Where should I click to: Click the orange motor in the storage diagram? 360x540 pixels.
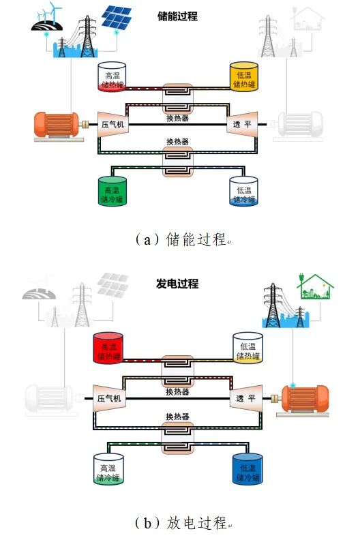57,123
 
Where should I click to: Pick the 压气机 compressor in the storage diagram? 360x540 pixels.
113,124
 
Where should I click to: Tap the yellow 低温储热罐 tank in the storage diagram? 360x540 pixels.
244,77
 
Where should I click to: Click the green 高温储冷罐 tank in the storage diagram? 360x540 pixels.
113,192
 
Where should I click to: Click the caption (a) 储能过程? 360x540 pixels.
181,240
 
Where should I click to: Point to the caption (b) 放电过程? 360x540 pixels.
181,524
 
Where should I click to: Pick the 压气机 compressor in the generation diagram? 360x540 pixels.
110,398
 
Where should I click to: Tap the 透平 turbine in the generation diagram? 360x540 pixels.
245,398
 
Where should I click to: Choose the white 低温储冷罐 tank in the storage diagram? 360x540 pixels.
244,192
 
